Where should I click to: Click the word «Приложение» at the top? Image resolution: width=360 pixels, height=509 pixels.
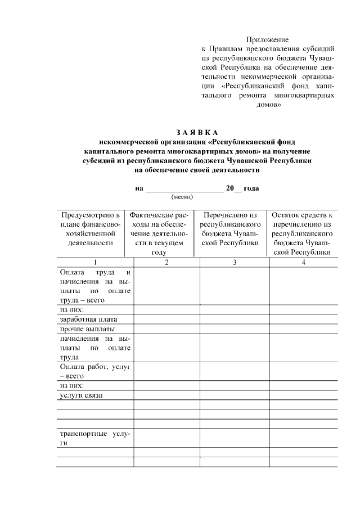point(268,40)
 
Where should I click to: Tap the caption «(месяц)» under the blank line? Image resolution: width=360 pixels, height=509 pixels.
point(182,197)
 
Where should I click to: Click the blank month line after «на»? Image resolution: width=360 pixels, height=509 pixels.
point(184,188)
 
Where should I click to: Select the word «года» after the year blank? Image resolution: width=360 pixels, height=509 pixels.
point(251,188)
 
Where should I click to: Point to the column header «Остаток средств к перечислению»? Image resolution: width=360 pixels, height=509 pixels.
point(303,233)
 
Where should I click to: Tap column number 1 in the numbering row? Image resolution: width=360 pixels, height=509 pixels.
point(95,262)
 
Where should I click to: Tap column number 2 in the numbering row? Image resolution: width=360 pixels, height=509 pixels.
point(166,262)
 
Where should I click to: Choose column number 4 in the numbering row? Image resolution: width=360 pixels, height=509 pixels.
point(303,262)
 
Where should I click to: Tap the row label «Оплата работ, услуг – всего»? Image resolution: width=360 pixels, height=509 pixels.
point(94,371)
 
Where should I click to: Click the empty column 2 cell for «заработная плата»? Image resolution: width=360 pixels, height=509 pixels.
point(166,319)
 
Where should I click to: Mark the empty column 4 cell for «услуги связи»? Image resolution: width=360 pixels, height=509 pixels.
point(303,395)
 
